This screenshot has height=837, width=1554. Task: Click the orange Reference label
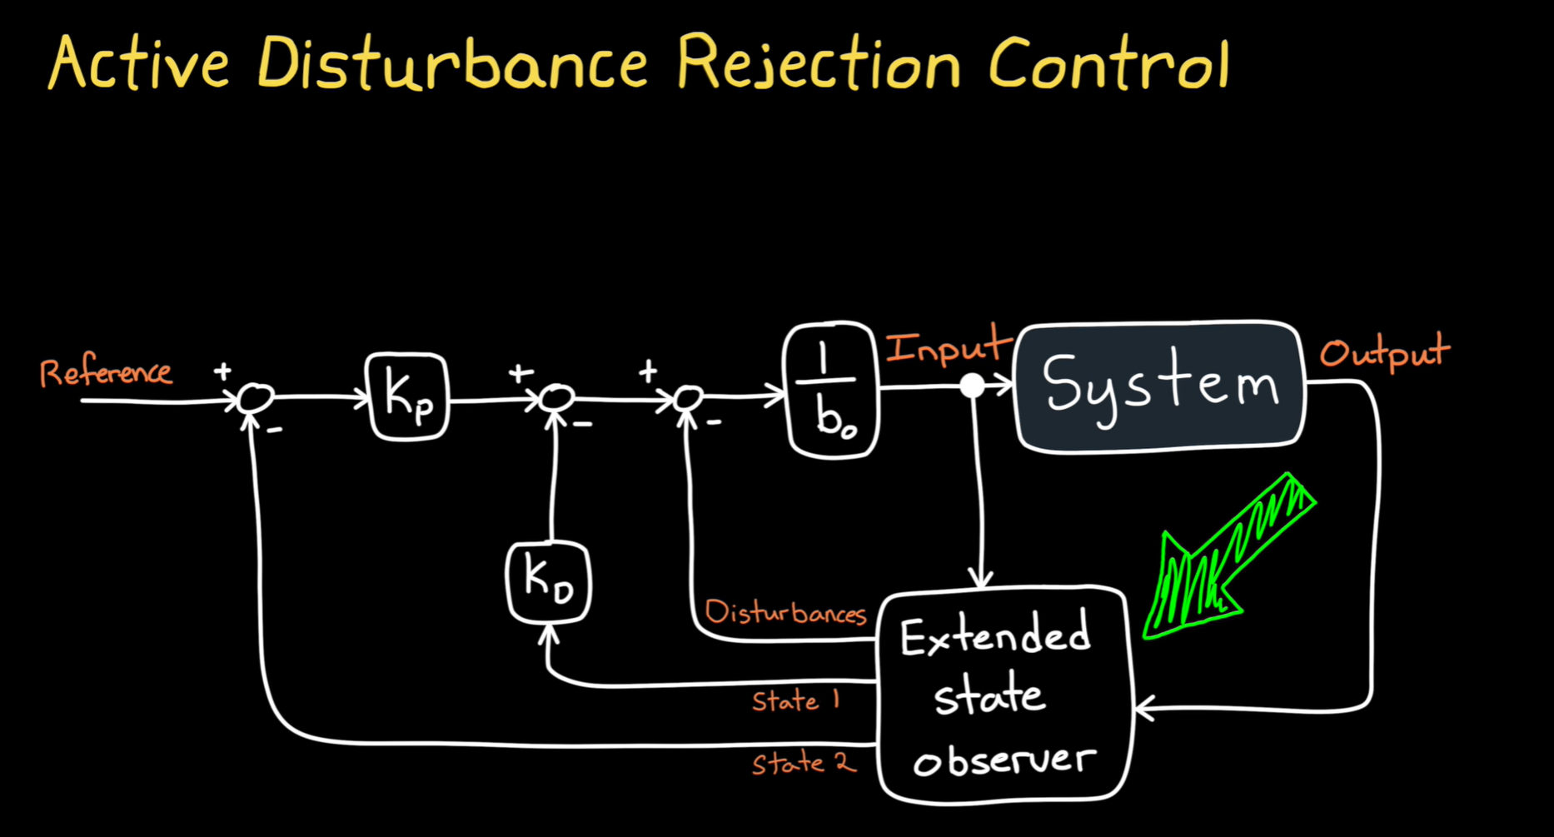106,372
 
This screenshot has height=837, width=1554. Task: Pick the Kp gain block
408,397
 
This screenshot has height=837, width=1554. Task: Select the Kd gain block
549,581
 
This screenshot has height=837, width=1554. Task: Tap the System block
1159,386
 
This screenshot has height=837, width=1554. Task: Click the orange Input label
947,348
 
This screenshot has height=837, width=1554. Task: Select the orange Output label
1384,352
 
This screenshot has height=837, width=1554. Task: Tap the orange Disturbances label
785,613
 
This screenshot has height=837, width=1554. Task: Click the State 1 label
795,700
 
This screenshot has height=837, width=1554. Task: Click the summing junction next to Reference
254,399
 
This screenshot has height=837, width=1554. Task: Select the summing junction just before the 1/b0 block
689,398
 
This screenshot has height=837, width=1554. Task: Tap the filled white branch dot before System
972,386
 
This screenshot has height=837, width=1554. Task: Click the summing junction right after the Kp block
555,398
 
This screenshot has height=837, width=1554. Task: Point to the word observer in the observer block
1004,759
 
